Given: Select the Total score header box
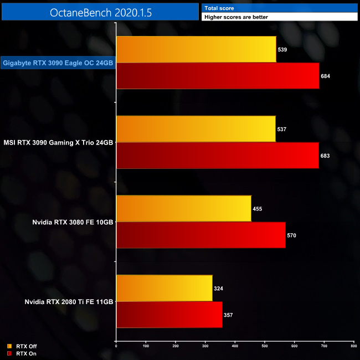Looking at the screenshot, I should [280, 8].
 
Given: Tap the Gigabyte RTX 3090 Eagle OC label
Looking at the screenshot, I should [58, 63].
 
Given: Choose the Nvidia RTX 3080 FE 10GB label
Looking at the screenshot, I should [73, 222].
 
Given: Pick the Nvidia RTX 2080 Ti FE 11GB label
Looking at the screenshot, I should [69, 302].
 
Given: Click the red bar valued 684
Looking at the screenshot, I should [218, 76].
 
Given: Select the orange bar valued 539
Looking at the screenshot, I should [196, 50].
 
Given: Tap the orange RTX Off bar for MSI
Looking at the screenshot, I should [196, 129].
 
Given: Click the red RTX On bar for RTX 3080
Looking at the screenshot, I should [200, 235].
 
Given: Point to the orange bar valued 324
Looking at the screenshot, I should [164, 288].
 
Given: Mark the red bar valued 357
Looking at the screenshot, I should [169, 315].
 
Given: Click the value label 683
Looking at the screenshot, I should [325, 156].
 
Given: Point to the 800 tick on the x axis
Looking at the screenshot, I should [353, 346].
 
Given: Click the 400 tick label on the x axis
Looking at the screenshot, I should [235, 346].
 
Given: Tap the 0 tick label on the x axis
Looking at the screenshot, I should [116, 346].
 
